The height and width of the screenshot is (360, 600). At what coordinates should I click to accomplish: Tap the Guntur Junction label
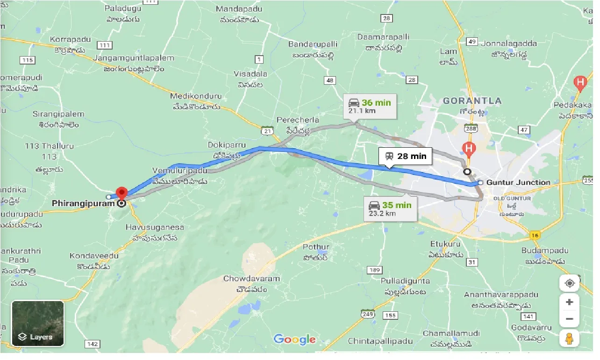[518, 182]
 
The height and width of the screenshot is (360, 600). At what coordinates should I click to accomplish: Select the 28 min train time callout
[405, 156]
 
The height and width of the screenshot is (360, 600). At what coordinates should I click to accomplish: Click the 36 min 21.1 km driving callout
[370, 106]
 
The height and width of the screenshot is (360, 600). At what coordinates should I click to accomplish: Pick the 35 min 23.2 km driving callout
[390, 209]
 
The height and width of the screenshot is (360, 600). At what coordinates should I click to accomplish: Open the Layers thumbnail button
[37, 323]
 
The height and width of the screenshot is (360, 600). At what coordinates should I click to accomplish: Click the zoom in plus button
[569, 302]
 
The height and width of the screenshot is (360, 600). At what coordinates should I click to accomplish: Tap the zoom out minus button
[569, 320]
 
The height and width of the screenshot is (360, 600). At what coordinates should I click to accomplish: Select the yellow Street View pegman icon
[569, 338]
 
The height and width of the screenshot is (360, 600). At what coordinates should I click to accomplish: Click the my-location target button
[569, 283]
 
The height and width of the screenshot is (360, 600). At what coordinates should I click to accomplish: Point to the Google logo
[294, 339]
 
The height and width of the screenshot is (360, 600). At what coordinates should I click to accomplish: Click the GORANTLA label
[472, 101]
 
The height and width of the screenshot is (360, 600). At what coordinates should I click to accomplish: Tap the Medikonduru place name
[195, 96]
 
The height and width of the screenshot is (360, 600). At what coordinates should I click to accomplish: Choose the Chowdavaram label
[251, 279]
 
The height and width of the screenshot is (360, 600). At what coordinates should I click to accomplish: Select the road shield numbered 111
[105, 45]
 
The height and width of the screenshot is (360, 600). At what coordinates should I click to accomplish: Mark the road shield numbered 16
[536, 235]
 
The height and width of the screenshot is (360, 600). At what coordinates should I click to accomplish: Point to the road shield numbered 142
[93, 344]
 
